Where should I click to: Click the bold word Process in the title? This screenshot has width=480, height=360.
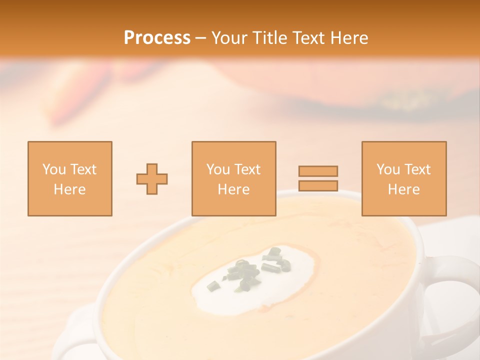(157, 38)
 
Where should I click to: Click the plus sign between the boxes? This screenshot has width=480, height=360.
(152, 179)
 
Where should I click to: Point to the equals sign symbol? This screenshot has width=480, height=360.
(318, 178)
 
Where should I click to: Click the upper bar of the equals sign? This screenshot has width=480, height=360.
(318, 171)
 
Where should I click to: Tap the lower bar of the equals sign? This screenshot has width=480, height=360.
(318, 185)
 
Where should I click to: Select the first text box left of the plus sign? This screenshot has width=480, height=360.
(70, 178)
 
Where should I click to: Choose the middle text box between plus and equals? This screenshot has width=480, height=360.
(233, 178)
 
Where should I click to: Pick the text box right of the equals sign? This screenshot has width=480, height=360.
(404, 178)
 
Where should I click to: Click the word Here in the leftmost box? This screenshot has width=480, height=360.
(70, 189)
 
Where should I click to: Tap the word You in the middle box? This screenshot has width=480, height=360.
(218, 169)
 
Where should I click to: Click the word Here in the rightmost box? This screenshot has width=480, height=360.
(404, 189)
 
